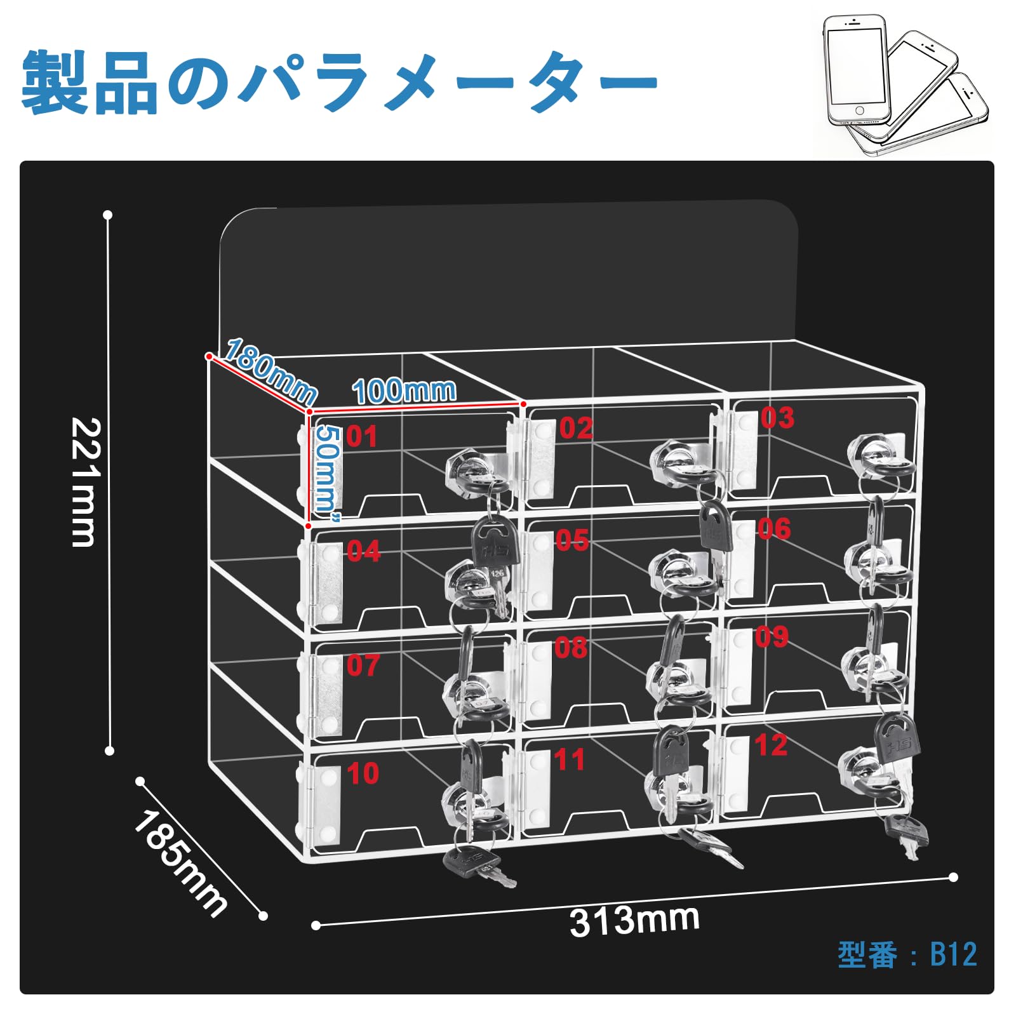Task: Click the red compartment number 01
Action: click(x=362, y=437)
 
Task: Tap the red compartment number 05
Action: click(x=572, y=541)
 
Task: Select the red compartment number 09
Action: click(x=772, y=637)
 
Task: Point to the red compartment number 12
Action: click(x=771, y=745)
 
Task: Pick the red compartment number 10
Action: click(x=363, y=773)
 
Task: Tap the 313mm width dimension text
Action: click(x=634, y=921)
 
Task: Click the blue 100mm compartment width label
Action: click(x=404, y=391)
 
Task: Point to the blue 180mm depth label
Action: click(x=271, y=371)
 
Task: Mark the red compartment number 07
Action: click(x=363, y=665)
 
